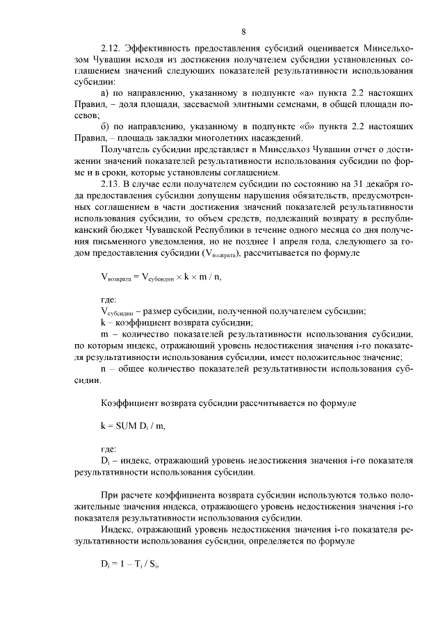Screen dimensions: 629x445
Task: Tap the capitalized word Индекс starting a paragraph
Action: click(x=117, y=529)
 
